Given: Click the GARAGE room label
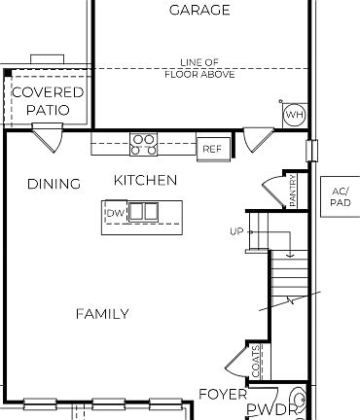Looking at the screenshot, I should [199, 11].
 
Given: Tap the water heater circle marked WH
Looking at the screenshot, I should [294, 116].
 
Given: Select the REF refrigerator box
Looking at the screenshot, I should [211, 149].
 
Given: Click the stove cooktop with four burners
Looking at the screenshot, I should [144, 145].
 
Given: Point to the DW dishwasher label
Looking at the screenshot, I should [115, 213].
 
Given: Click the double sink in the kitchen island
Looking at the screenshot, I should [144, 211].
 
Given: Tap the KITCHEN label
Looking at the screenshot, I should [145, 180].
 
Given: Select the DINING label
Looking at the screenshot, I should [54, 184].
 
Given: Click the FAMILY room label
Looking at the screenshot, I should [102, 313].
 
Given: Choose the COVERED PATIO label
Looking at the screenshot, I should [48, 101].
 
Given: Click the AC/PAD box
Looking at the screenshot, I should [340, 197].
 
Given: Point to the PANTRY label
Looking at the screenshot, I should [294, 191].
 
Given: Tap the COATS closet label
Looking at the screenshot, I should [255, 361].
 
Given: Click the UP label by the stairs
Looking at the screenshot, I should [235, 231].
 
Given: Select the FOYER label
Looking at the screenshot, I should [223, 394].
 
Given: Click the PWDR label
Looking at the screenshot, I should [270, 410].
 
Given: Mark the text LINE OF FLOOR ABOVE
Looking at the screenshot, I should [199, 68].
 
